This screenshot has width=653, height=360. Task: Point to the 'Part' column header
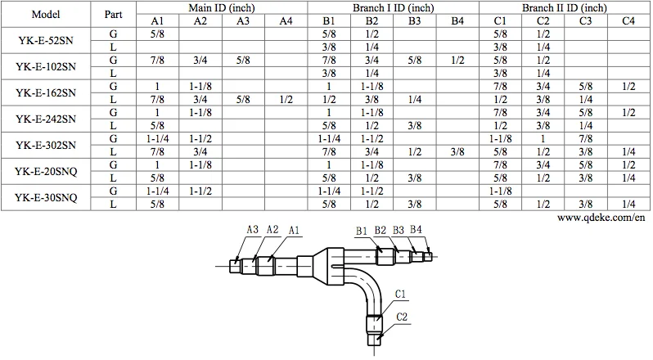tap(113, 14)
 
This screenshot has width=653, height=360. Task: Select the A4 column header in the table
tap(284, 20)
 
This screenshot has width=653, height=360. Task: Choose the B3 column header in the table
tap(414, 20)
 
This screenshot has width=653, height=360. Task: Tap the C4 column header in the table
tap(628, 20)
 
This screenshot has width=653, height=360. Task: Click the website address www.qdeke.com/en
tap(604, 218)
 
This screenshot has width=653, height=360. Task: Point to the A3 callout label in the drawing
tap(253, 231)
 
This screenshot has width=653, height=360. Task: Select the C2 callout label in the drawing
tap(402, 317)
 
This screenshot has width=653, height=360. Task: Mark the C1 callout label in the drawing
tap(402, 292)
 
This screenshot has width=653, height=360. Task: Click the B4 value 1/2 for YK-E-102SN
tap(456, 60)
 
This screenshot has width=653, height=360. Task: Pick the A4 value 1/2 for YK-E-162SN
tap(284, 99)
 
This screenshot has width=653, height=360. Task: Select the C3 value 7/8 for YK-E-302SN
tap(586, 138)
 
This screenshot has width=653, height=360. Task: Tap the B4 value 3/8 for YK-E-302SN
tap(456, 151)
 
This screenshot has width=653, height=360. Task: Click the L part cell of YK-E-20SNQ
tap(113, 177)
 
